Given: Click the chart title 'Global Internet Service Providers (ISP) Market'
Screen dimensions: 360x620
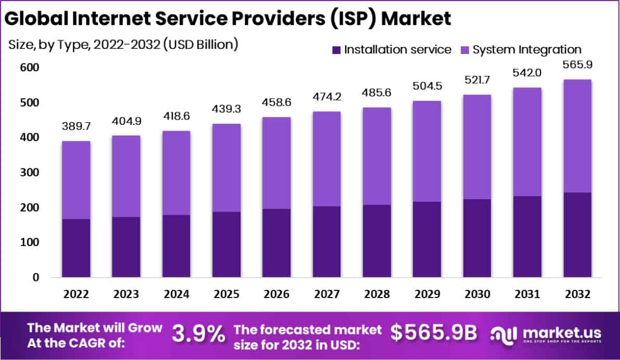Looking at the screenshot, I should (x=227, y=18).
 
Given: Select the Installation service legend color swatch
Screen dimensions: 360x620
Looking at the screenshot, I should (x=336, y=50).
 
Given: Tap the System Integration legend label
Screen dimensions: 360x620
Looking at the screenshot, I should (x=526, y=50).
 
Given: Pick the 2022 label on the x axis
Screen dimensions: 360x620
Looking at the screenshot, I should (x=75, y=294).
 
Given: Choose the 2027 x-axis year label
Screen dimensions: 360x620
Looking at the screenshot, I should (x=326, y=294).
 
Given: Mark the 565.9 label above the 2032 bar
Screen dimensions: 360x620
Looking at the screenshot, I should (x=577, y=65).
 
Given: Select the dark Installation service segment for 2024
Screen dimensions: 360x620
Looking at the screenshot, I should (x=176, y=246).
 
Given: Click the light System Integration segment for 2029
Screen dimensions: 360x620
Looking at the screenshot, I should (x=427, y=151).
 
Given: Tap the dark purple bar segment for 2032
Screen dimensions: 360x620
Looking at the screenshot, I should (x=577, y=235).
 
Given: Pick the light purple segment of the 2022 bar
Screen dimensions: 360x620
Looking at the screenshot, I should (x=75, y=180).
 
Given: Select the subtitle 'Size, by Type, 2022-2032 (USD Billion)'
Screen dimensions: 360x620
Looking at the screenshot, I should (x=123, y=44).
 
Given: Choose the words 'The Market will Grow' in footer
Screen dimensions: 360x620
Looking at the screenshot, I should (x=94, y=328).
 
